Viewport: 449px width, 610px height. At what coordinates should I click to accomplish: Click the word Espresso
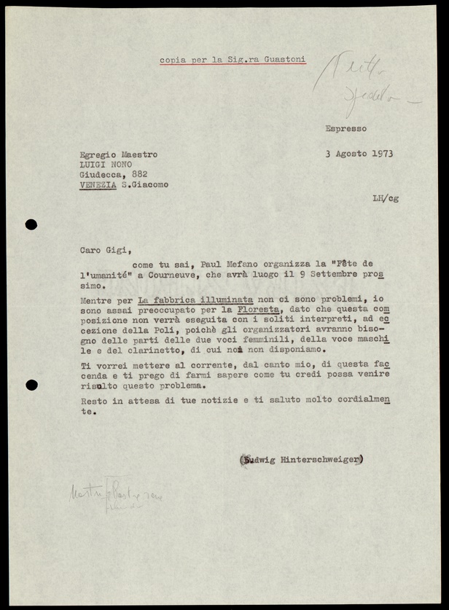(346, 128)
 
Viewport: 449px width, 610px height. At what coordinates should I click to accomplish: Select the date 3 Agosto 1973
(359, 155)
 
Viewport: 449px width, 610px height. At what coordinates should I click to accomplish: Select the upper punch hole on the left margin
(31, 224)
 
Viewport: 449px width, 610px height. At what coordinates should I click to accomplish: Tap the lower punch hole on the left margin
(31, 385)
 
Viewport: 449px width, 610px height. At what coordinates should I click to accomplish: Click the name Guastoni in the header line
(283, 60)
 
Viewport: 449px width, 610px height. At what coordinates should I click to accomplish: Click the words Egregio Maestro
(117, 155)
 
